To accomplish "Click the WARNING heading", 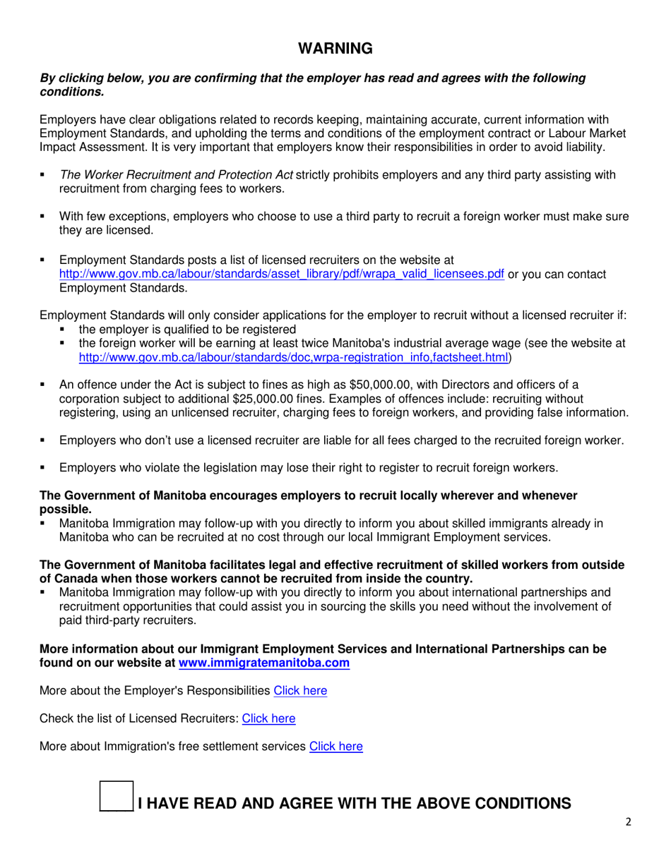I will [x=335, y=48].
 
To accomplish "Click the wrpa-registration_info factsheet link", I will [x=293, y=358].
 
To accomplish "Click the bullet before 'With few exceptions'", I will [x=44, y=217].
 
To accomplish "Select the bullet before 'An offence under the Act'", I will [x=44, y=385].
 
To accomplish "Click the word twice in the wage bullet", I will [x=368, y=344].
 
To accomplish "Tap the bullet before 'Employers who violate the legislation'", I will [x=44, y=467].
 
